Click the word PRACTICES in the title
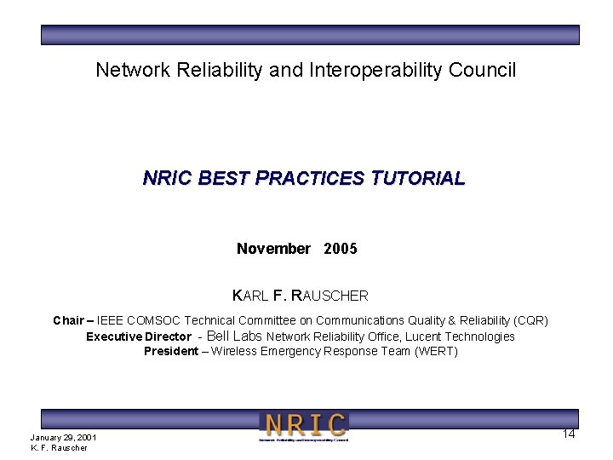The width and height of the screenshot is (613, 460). [311, 179]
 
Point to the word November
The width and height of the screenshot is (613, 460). [273, 249]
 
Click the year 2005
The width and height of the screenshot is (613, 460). [341, 249]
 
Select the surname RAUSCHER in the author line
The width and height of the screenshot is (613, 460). [329, 296]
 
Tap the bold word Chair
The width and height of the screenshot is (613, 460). [68, 321]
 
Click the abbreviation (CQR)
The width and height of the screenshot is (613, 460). [530, 321]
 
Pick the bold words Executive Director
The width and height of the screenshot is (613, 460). [138, 336]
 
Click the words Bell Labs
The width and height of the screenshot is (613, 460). [235, 336]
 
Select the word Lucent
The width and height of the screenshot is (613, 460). [423, 336]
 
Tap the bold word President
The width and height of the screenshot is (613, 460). [171, 352]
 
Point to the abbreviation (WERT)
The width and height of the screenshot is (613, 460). [436, 352]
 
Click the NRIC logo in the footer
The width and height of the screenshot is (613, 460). [304, 426]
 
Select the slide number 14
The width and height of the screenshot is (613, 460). [569, 434]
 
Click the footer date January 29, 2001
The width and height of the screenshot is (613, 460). [63, 438]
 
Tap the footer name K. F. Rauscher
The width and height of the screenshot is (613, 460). [59, 448]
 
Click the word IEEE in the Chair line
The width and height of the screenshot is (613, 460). [110, 321]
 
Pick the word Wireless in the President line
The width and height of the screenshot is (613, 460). [235, 352]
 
